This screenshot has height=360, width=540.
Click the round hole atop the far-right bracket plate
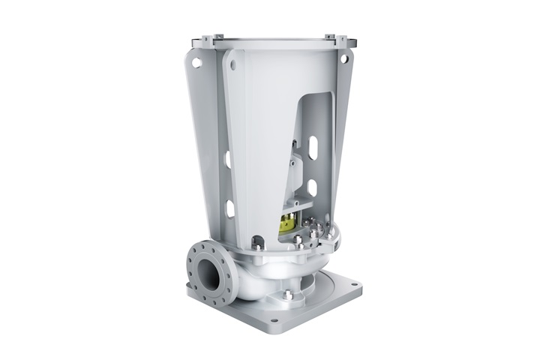pyautogui.click(x=344, y=58)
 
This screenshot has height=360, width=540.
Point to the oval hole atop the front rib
pyautogui.click(x=233, y=66)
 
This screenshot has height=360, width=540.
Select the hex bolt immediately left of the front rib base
pyautogui.click(x=259, y=241)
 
